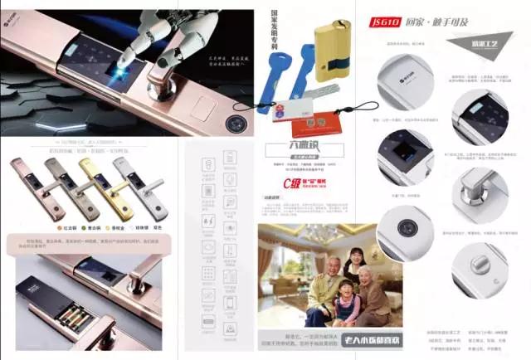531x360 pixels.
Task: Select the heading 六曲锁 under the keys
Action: click(x=286, y=150)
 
